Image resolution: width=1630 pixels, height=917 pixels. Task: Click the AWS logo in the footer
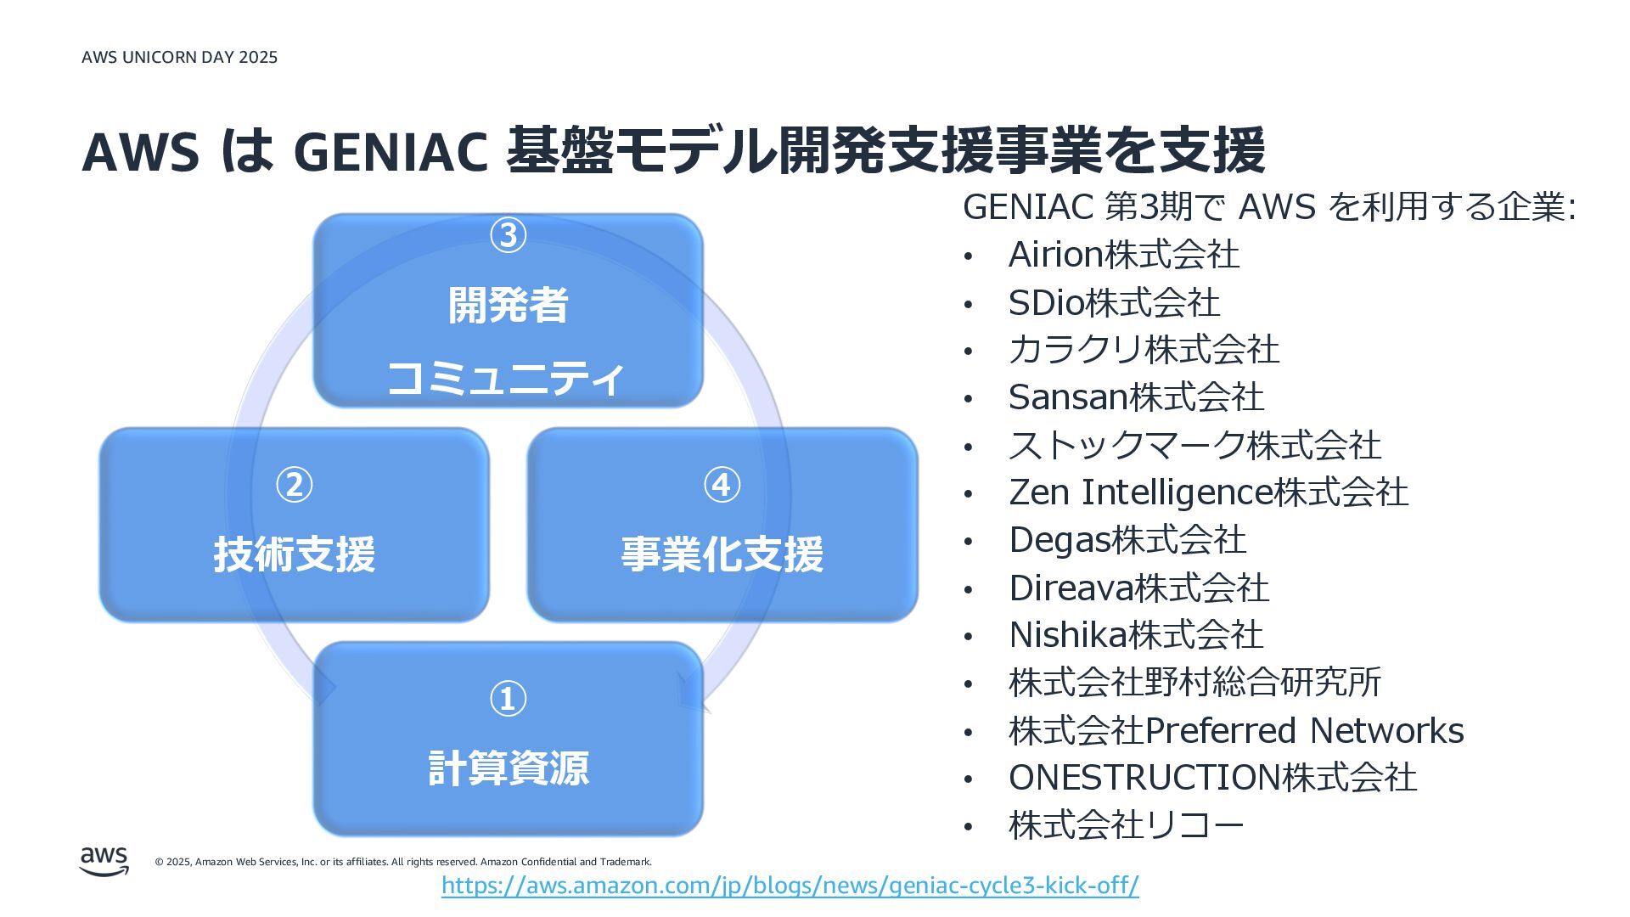[x=104, y=861]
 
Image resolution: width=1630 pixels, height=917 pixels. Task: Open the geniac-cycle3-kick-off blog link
[x=790, y=886]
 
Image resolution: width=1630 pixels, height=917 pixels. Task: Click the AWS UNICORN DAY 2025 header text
[x=180, y=57]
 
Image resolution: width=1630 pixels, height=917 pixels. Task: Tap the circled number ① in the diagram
[x=508, y=699]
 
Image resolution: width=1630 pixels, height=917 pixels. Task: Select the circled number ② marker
[x=295, y=485]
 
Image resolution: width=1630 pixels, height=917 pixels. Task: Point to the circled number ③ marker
[x=508, y=235]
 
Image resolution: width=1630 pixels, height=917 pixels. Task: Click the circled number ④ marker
[x=722, y=485]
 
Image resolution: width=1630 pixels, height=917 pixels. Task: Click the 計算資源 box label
[x=508, y=768]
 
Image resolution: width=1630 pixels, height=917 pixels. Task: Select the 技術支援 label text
[x=295, y=554]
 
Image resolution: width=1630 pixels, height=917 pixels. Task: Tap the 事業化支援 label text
[x=722, y=554]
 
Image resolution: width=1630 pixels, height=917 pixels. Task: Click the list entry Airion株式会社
[x=1123, y=255]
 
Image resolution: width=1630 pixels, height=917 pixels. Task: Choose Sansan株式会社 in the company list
[x=1136, y=397]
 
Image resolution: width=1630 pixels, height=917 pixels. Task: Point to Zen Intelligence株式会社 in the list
[x=1208, y=492]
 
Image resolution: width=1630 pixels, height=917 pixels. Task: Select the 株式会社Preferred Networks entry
[x=1236, y=731]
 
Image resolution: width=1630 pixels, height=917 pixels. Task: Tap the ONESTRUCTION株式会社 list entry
[x=1212, y=778]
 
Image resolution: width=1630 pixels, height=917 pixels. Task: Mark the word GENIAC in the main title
[x=390, y=151]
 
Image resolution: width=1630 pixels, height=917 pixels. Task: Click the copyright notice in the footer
[x=403, y=862]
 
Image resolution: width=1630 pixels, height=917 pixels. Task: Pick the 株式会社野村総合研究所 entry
[x=1194, y=683]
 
